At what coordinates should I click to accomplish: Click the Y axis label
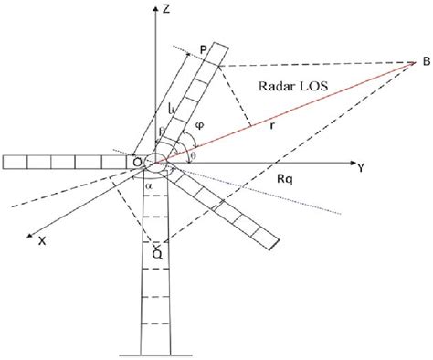[x=363, y=167]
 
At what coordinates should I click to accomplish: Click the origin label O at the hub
[x=136, y=162]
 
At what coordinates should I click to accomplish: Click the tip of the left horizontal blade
[x=4, y=163]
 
